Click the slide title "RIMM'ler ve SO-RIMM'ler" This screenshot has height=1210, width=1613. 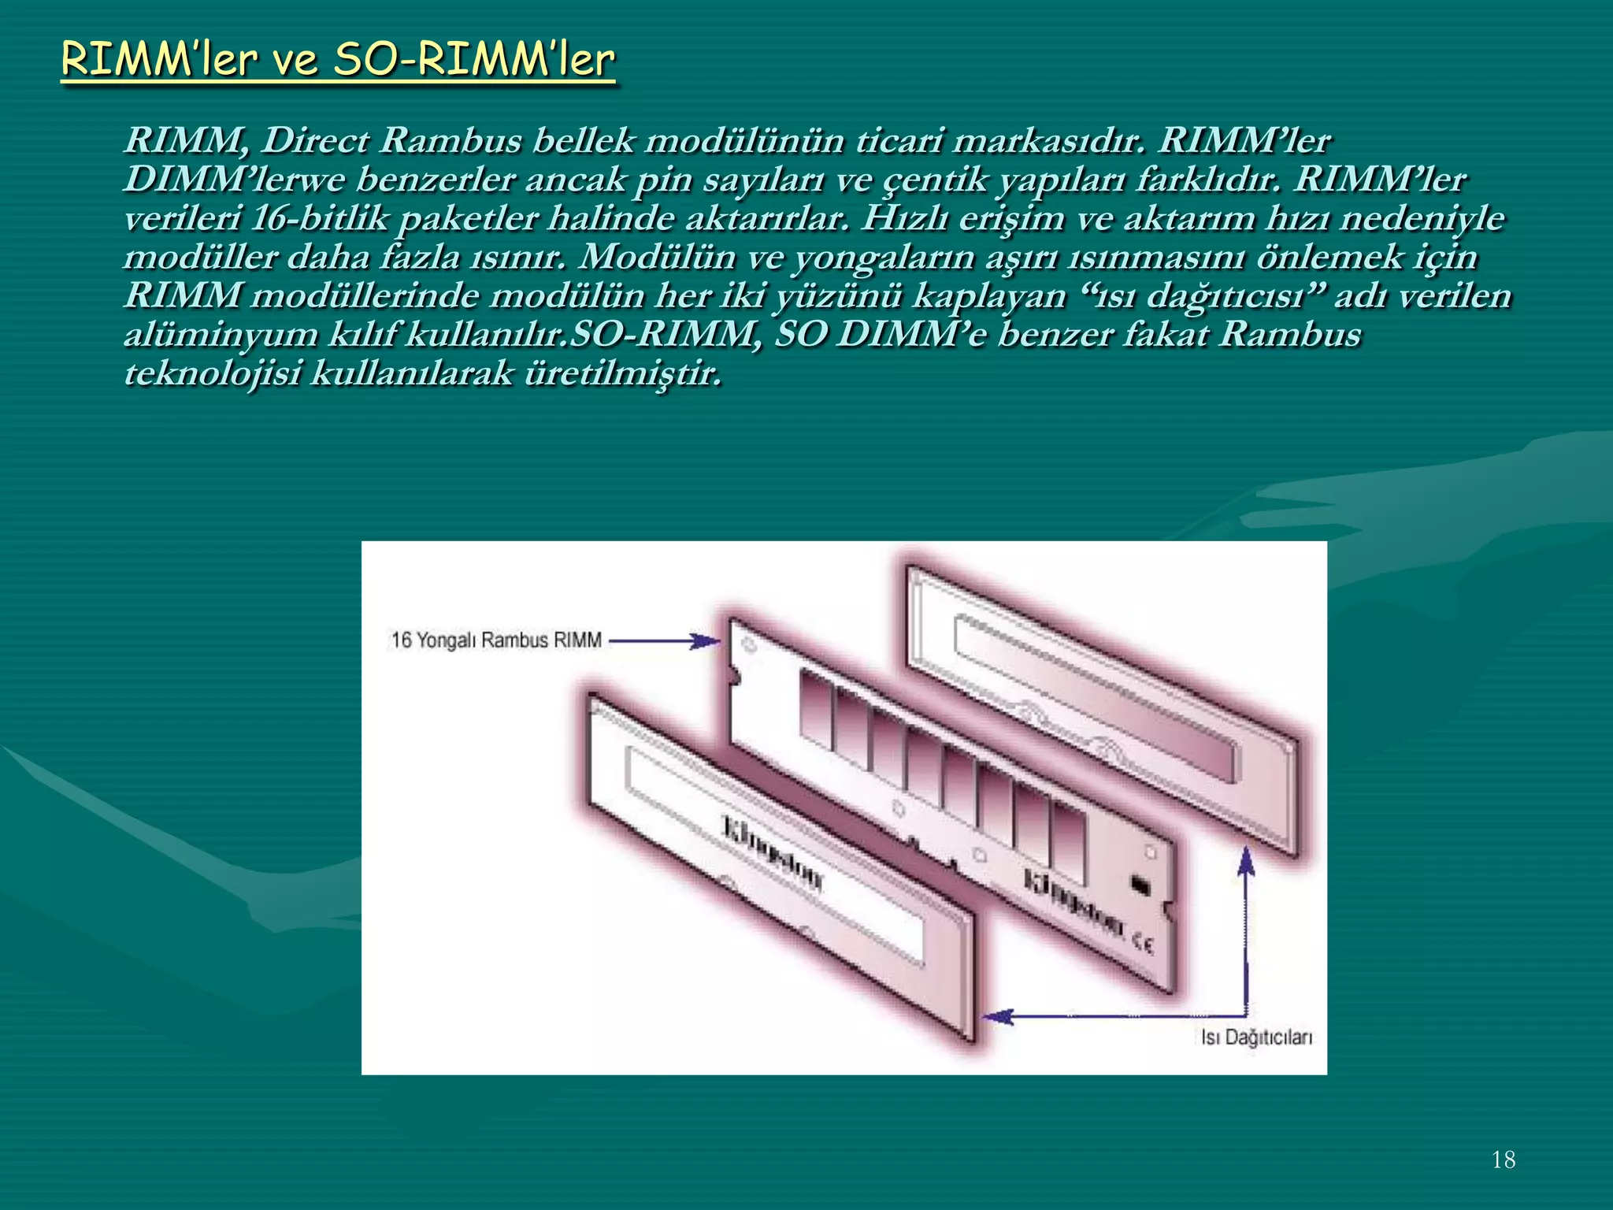[x=337, y=60]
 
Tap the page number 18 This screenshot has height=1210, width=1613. [x=1503, y=1160]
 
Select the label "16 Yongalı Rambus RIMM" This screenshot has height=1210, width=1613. [x=496, y=640]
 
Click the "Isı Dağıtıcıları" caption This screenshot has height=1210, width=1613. [x=1256, y=1037]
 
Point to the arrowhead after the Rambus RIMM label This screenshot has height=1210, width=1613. [x=706, y=641]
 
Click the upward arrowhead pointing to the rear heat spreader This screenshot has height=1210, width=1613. [x=1245, y=863]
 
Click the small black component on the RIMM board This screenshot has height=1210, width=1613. [x=1140, y=885]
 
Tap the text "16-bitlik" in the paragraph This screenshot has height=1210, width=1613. [x=319, y=218]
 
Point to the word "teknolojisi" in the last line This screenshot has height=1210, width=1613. [x=213, y=373]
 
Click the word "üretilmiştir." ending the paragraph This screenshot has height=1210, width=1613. [x=622, y=373]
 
